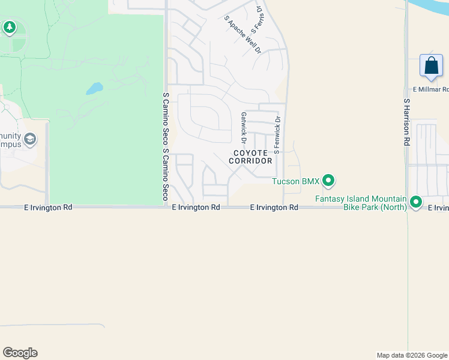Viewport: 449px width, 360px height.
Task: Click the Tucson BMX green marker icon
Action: pyautogui.click(x=328, y=180)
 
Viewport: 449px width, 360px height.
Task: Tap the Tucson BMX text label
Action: pyautogui.click(x=296, y=181)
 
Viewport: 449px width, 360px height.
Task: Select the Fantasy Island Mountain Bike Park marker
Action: pyautogui.click(x=415, y=202)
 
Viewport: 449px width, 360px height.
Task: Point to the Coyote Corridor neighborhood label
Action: pyautogui.click(x=250, y=157)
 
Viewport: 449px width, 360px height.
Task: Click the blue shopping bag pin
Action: pyautogui.click(x=431, y=66)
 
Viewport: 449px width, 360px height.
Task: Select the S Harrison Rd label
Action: pyautogui.click(x=406, y=122)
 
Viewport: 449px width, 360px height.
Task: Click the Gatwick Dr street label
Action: pyautogui.click(x=244, y=128)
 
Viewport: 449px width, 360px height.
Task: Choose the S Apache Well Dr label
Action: pyautogui.click(x=243, y=35)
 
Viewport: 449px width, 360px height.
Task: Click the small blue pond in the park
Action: pyautogui.click(x=94, y=89)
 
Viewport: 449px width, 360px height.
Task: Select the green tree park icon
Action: pyautogui.click(x=9, y=27)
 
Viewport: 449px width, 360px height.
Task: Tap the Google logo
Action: pyautogui.click(x=20, y=353)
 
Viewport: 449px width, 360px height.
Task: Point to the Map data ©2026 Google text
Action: pyautogui.click(x=412, y=355)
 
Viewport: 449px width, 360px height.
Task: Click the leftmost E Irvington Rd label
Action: pyautogui.click(x=48, y=207)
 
